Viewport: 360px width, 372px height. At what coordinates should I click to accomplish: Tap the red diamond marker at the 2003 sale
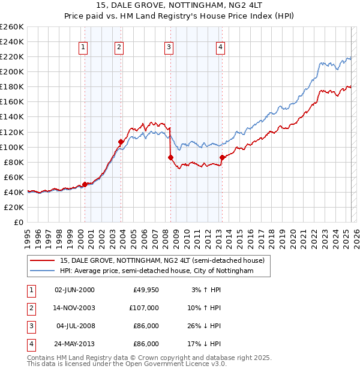click(x=121, y=142)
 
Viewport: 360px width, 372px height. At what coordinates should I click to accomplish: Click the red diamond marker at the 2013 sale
click(x=222, y=157)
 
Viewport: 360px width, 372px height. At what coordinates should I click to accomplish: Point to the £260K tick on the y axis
click(x=12, y=27)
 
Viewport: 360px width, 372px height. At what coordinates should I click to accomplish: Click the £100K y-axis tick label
click(x=12, y=147)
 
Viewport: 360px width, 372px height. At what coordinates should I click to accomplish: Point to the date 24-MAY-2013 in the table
click(x=74, y=344)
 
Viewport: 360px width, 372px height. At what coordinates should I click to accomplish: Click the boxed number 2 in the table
click(x=31, y=308)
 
